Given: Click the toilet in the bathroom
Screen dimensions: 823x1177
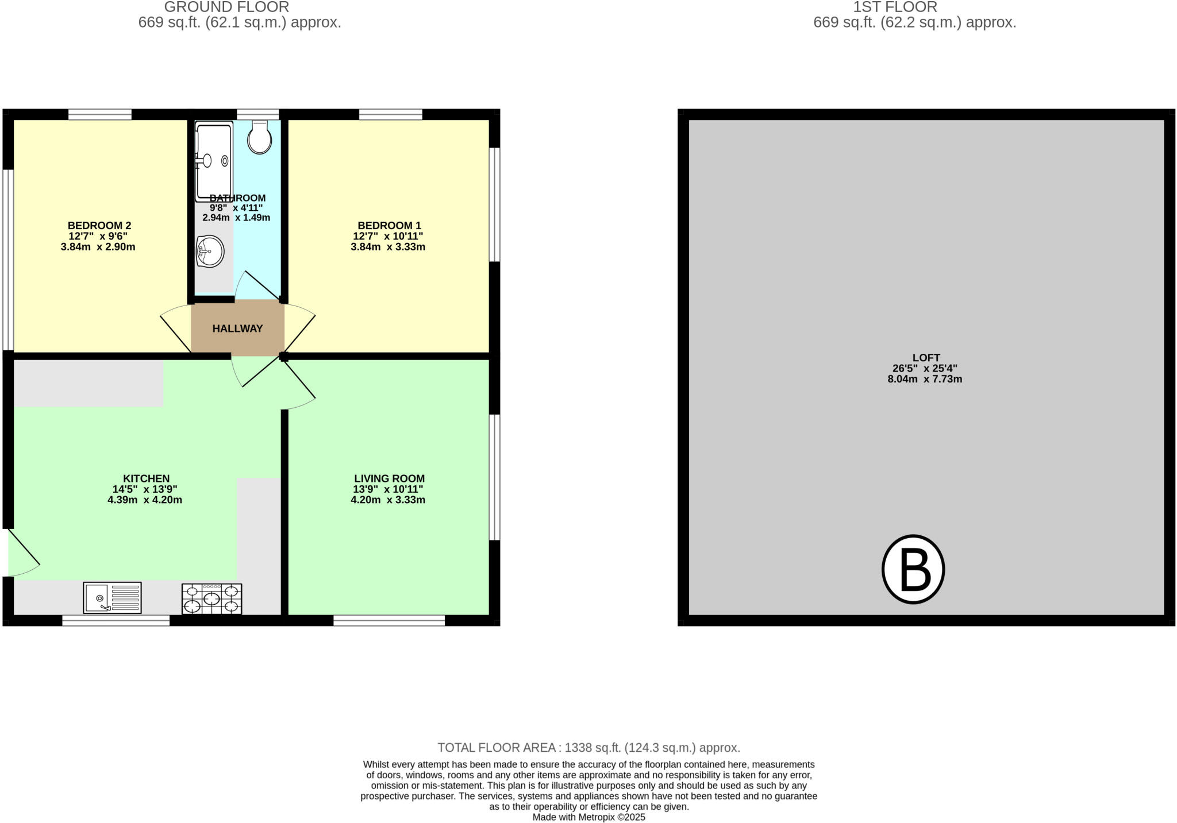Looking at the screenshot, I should pos(260,138).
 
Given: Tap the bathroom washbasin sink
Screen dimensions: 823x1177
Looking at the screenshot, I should pos(210,251).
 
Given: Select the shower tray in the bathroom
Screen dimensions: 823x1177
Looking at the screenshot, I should pos(214,161).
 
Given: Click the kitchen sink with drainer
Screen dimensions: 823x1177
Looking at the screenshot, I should pos(112,597).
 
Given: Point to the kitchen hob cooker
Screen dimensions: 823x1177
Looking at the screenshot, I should pos(211,598).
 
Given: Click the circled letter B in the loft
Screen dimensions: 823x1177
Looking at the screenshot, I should pos(913,569).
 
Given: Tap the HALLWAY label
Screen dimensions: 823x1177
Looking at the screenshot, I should pos(237,329).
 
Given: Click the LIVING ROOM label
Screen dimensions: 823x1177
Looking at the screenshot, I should pos(389,478).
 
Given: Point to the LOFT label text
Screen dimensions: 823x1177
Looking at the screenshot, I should pos(926,358).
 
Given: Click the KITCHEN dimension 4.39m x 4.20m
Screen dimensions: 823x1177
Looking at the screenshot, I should pos(145,500).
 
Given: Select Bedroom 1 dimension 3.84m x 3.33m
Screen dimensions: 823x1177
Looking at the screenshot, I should pos(388,247).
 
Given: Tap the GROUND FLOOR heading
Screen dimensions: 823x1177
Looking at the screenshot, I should pos(226,7).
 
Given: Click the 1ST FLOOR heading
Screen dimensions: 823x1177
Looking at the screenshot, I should pos(895,7).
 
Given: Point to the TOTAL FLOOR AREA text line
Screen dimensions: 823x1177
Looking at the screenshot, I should pos(588,748).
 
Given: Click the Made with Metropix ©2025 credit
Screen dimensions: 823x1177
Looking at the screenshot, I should pos(588,817).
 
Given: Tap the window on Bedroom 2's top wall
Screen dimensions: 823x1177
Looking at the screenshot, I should pos(100,114).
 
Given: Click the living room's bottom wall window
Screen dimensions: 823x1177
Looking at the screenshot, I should pos(389,620).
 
